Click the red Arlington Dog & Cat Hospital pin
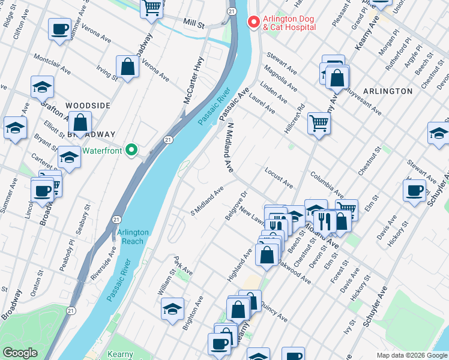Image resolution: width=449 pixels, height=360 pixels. point(253,22)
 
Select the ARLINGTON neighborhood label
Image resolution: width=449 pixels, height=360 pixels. point(387,91)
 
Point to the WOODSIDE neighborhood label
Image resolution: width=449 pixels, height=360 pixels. point(88,106)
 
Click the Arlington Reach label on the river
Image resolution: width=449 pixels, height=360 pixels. point(130,237)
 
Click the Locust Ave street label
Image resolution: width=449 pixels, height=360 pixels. point(279,178)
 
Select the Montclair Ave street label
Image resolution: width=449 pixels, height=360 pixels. point(52,65)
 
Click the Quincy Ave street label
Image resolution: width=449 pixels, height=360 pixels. point(276,309)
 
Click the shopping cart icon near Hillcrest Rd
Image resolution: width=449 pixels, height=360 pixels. point(319,123)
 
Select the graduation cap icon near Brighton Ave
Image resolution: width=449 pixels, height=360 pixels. point(172,309)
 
